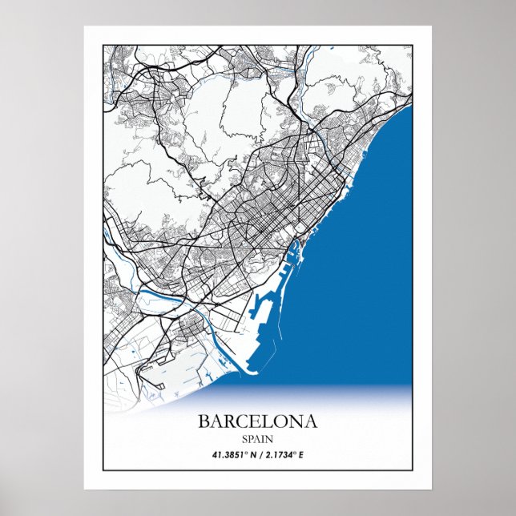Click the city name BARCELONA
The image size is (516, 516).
coord(257,421)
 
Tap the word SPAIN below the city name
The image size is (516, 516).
coord(257,438)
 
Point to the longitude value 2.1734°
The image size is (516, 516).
coord(281,455)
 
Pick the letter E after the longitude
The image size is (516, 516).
coord(302,455)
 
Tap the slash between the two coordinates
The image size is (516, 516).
coord(263,455)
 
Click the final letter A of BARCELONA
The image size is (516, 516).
coord(310,421)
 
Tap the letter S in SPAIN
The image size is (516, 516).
coord(244,438)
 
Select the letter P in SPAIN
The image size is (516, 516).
coord(250,438)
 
